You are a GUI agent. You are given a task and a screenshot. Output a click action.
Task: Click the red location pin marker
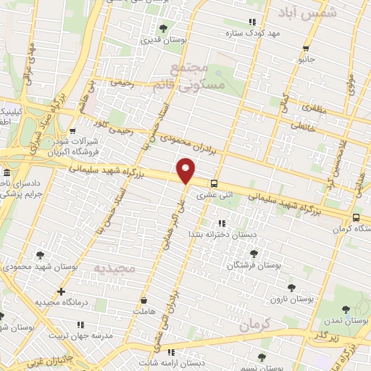pyautogui.click(x=186, y=171)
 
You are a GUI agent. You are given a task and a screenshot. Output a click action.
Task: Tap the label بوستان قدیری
pyautogui.click(x=164, y=41)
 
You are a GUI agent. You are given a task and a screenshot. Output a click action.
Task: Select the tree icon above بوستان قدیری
pyautogui.click(x=163, y=30)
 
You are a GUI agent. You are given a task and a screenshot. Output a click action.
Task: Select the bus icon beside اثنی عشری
pyautogui.click(x=214, y=183)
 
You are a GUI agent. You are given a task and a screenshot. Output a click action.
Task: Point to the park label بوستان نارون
pyautogui.click(x=291, y=299)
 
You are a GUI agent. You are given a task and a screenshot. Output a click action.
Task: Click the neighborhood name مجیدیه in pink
pyautogui.click(x=114, y=268)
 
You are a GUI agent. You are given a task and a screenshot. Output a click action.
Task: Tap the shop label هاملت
pyautogui.click(x=143, y=311)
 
